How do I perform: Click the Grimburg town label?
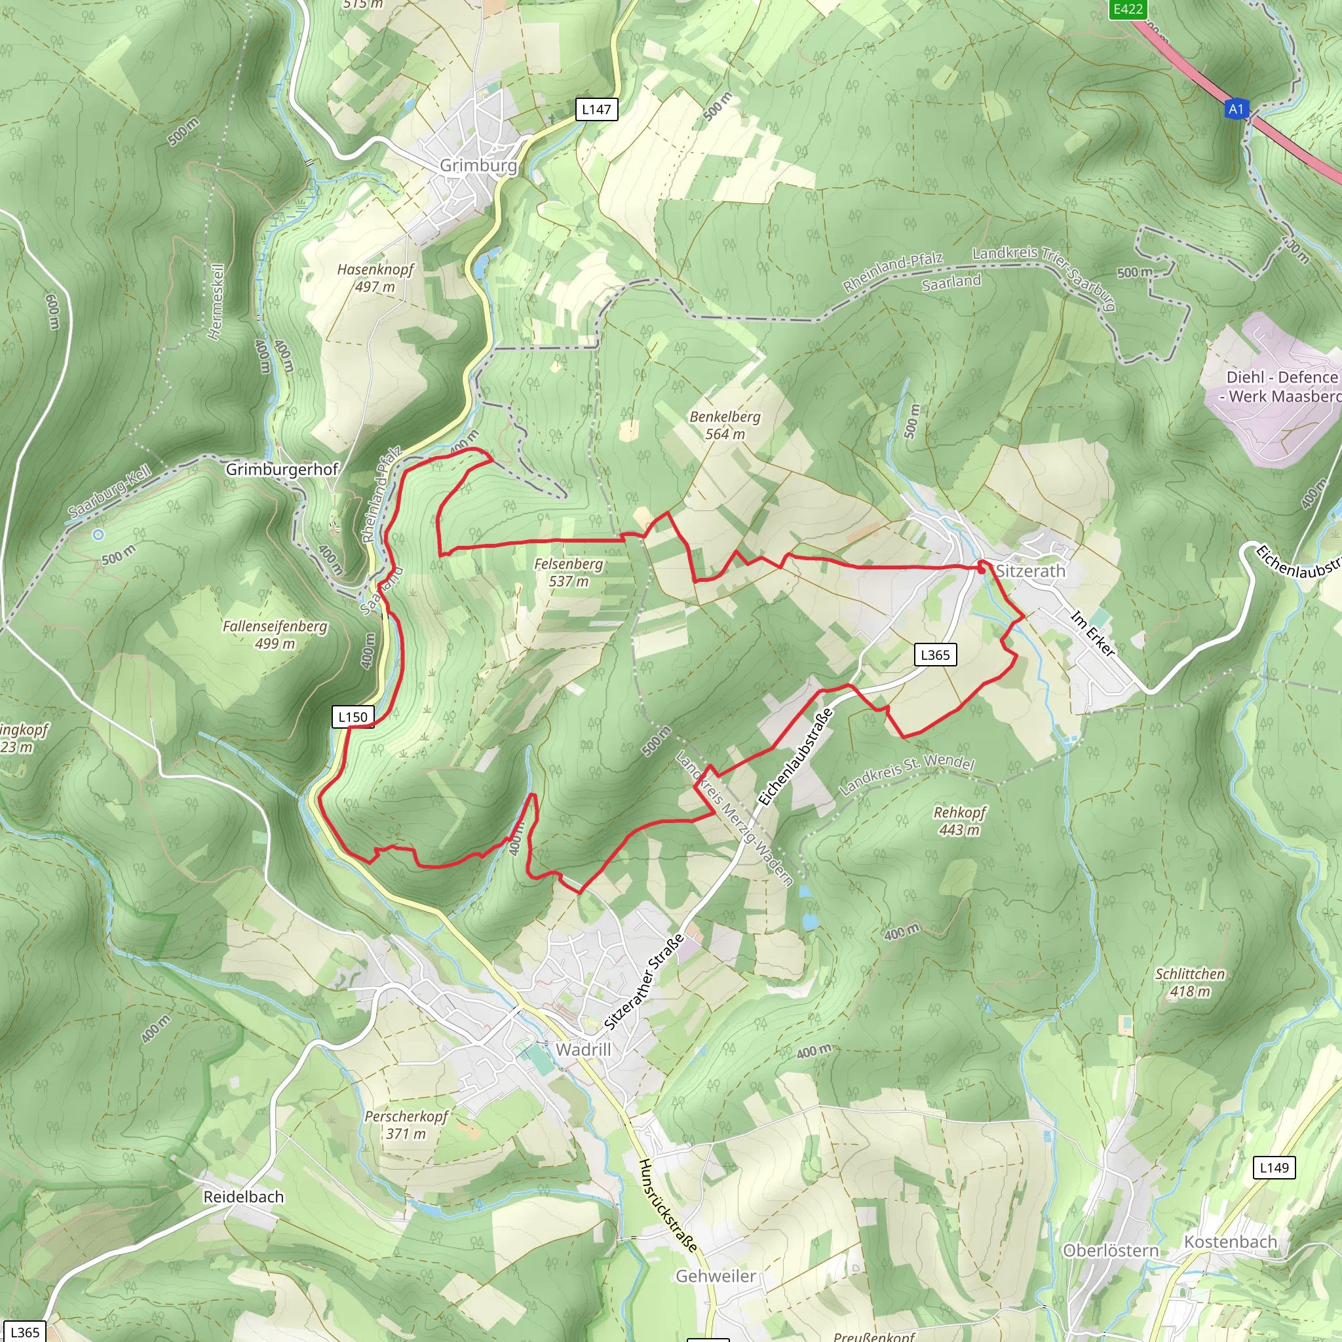coord(478,165)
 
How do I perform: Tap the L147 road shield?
coord(596,109)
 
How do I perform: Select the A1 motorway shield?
coord(1236,109)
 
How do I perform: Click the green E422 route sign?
coord(1127,9)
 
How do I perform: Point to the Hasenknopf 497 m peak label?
coord(375,278)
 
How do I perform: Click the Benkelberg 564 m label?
coord(725,425)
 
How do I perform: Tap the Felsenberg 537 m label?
coord(568,572)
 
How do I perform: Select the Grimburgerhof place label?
coord(282,470)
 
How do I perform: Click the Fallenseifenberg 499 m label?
coord(275,635)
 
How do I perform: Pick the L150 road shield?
coord(353,717)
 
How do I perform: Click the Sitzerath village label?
coord(1030,571)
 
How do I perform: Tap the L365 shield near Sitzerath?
coord(934,655)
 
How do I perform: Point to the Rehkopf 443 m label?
coord(959,820)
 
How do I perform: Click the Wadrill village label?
coord(583,1050)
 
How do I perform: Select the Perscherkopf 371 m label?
coord(406,1124)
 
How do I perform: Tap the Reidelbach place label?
coord(243,1197)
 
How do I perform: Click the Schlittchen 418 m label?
coord(1190,982)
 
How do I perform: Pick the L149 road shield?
coord(1274,1168)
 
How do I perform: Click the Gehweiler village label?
coord(716,1276)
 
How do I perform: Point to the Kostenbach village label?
coord(1230,1242)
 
